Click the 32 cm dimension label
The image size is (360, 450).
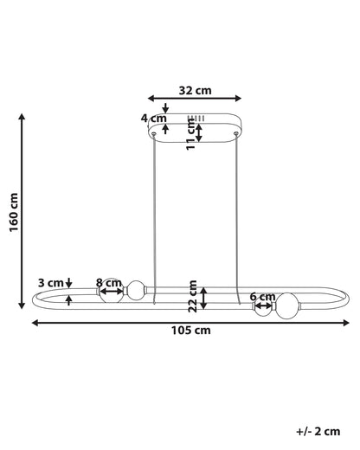pos(195,90)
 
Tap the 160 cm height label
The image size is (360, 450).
pos(14,212)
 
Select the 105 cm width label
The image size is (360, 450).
pos(190,330)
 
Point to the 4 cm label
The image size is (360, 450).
pos(153,118)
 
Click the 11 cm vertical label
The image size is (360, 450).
pos(191,134)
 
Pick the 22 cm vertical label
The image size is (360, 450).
pos(192,296)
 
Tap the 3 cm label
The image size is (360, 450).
pos(51,283)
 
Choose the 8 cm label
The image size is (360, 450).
pos(109,283)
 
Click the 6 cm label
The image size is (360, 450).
pos(262,296)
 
